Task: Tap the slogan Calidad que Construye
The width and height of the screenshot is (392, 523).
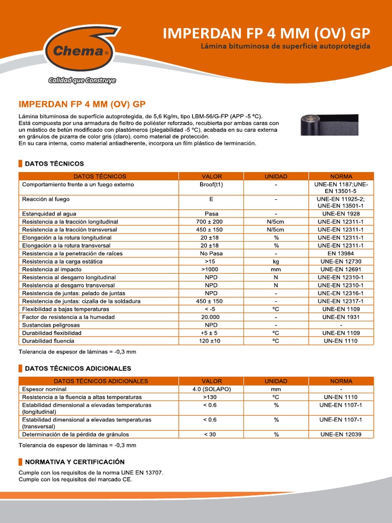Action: tap(75, 80)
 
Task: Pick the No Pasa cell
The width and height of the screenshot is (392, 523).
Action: tap(211, 253)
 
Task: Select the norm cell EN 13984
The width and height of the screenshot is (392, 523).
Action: tap(340, 253)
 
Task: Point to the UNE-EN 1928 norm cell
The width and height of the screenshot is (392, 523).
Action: tap(340, 213)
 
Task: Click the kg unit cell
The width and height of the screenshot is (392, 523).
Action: tap(276, 261)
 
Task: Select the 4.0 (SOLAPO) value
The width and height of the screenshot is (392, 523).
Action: tap(211, 389)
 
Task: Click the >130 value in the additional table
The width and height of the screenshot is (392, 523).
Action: tap(211, 397)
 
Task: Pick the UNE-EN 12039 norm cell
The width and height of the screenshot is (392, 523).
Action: tap(340, 434)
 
